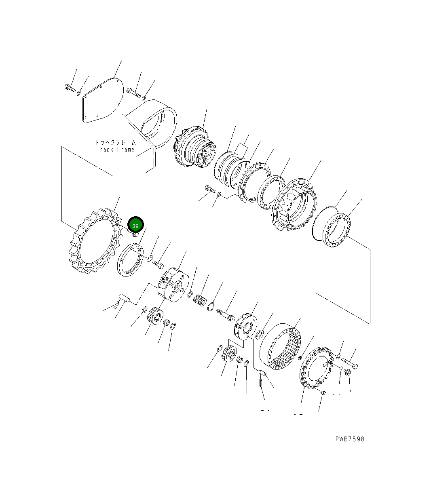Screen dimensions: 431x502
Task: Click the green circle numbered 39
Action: (135, 225)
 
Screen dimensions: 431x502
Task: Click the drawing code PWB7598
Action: (350, 439)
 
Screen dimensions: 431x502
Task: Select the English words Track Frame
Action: (115, 150)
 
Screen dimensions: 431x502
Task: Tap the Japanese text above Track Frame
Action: (115, 142)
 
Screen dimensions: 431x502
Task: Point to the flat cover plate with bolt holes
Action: (103, 100)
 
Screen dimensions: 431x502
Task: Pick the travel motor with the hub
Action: (195, 147)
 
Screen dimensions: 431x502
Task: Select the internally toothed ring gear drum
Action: (280, 346)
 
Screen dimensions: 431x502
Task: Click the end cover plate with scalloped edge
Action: (316, 367)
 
